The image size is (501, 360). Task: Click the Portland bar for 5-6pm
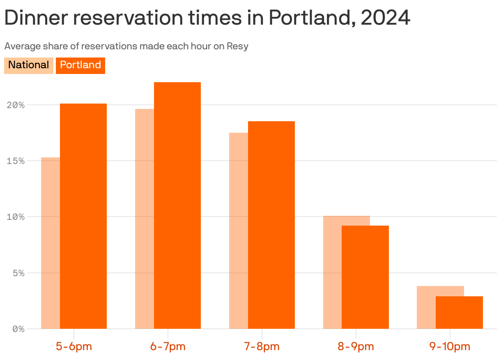click(x=83, y=216)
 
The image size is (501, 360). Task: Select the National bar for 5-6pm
click(x=51, y=242)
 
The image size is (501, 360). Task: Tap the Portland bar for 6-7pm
click(x=177, y=205)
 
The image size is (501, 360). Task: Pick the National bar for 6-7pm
click(x=145, y=218)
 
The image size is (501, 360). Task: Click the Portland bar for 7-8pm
click(x=271, y=225)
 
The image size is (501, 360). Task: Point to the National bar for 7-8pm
click(x=239, y=230)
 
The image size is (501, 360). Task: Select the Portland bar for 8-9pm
click(x=365, y=277)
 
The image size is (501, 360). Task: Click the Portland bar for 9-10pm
click(x=459, y=312)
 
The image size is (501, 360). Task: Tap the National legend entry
click(x=28, y=65)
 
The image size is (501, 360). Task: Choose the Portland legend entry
click(x=80, y=65)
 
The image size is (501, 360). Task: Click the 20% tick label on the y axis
click(x=16, y=105)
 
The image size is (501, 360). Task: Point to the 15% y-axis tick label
click(x=16, y=161)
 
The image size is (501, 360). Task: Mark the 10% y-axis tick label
click(x=16, y=217)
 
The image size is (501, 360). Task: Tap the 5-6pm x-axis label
click(x=74, y=346)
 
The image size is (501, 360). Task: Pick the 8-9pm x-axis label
click(x=356, y=346)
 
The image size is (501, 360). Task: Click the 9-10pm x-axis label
click(x=450, y=346)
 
